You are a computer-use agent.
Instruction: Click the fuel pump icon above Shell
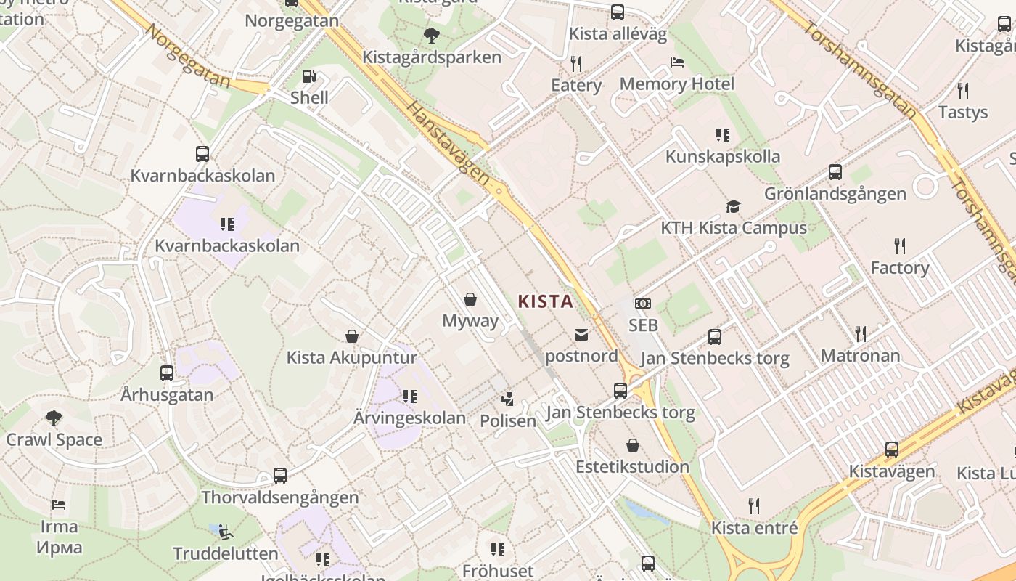(308, 76)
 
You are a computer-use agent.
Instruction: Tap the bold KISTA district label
(545, 301)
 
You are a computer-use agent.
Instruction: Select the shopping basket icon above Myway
(470, 298)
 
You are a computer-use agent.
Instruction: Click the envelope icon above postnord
(581, 334)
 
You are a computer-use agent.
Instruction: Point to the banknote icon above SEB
(642, 304)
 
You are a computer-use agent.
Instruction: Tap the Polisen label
(508, 420)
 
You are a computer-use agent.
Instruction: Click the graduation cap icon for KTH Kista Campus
(733, 206)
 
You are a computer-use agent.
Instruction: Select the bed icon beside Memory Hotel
(677, 62)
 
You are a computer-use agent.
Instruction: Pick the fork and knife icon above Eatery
(576, 64)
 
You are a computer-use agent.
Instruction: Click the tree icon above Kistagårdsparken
(431, 35)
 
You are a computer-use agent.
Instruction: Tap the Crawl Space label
(54, 439)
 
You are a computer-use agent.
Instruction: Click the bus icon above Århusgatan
(167, 373)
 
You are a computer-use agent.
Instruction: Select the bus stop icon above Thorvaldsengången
(280, 476)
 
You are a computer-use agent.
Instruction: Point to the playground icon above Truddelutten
(226, 532)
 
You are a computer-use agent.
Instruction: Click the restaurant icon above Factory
(900, 245)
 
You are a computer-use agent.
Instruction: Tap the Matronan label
(860, 356)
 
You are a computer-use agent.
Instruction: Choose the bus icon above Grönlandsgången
(835, 172)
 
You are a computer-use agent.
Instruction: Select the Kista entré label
(754, 528)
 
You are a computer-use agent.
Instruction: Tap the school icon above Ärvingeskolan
(410, 397)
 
